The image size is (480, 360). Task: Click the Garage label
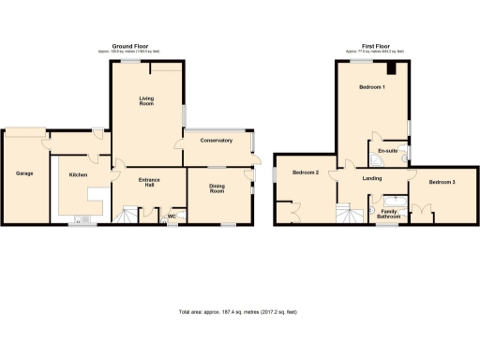pos(24,173)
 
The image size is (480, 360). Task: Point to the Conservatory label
pos(215,142)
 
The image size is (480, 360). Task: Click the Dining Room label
pos(217,188)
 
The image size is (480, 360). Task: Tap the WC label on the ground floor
pos(172,217)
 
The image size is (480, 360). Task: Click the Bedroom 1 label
pos(373,87)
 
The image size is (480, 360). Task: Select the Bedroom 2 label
pos(305,173)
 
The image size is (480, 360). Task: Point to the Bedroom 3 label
pos(442,182)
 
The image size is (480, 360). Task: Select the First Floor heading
pos(373,46)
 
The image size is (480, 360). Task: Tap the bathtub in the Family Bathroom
pos(388,200)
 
